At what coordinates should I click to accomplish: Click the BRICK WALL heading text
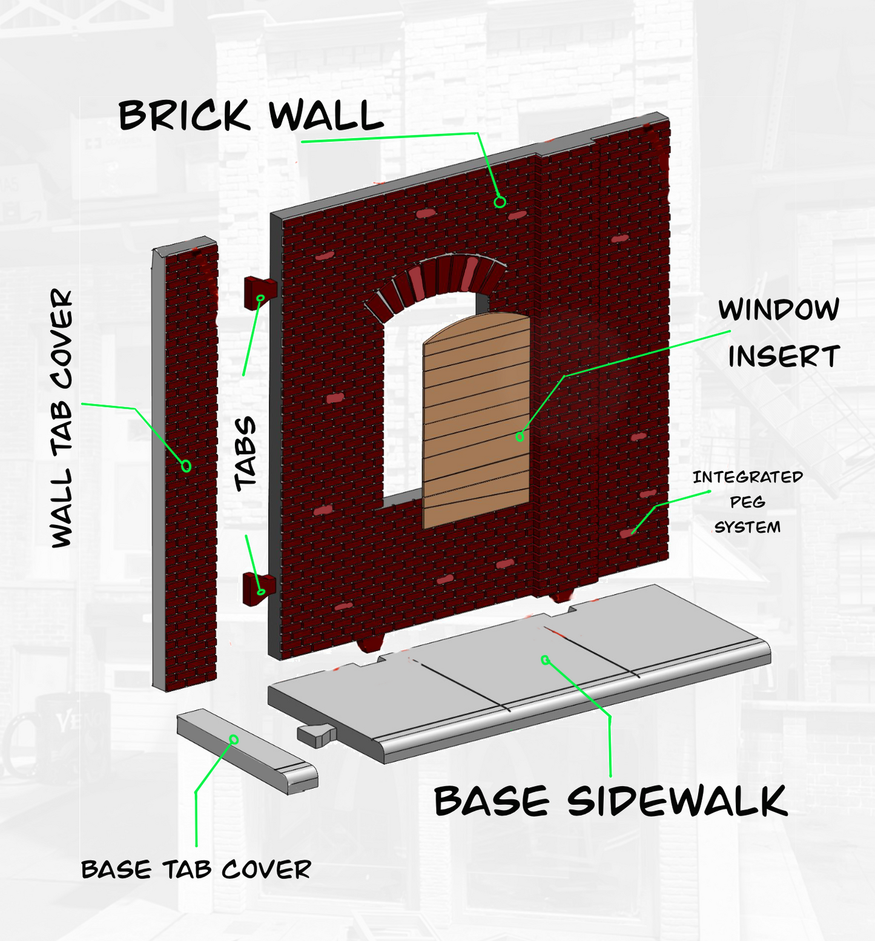coord(251,115)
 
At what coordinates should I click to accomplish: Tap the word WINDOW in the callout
coord(779,309)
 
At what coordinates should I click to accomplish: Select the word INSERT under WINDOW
coord(784,357)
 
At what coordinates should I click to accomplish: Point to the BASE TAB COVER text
coord(196,870)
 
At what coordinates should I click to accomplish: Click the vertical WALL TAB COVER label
coord(62,418)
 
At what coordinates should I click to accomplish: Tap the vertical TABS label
coord(246,454)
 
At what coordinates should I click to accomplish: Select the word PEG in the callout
coord(747,502)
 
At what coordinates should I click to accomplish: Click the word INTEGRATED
coord(748,477)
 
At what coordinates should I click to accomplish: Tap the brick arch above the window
coord(435,282)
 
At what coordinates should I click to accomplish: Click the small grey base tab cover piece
coord(247,751)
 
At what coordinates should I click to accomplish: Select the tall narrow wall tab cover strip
coord(185,464)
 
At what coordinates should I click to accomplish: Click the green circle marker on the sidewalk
coord(545,659)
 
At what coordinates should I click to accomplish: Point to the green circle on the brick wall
coord(500,202)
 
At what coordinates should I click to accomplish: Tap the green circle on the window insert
coord(520,436)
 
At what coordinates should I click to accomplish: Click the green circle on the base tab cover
coord(234,739)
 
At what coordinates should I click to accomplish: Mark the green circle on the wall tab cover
coord(187,466)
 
